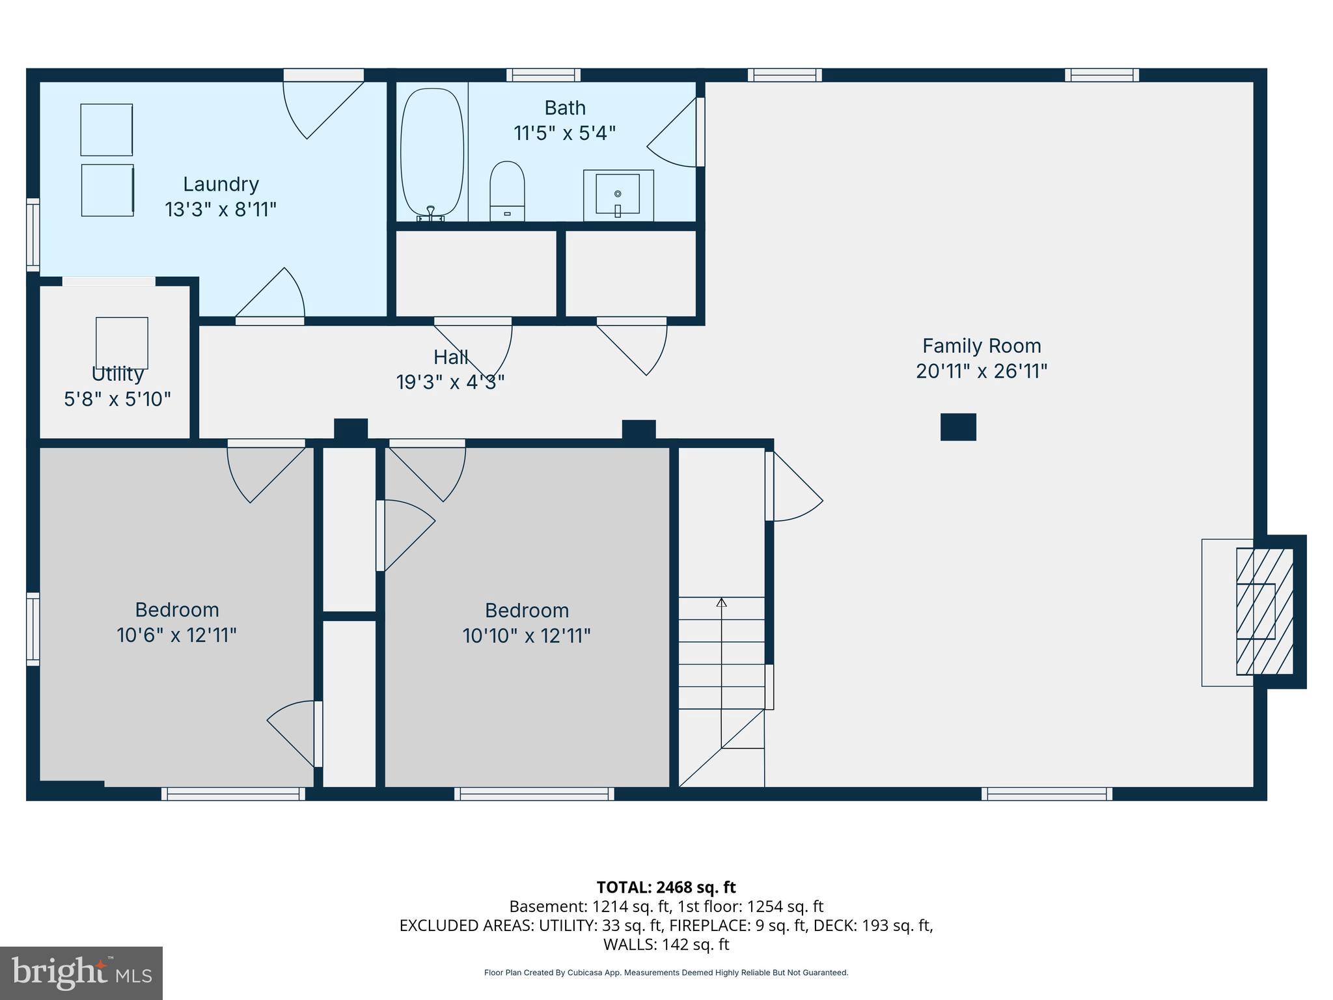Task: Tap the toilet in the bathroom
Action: coord(507,189)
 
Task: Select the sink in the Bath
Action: coord(618,195)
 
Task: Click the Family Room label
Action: coord(981,346)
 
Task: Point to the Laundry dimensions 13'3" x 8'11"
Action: coord(221,210)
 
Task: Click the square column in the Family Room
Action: coord(958,427)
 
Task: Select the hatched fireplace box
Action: coord(1264,611)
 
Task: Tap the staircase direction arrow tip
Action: coord(721,603)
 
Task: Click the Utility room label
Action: coord(117,374)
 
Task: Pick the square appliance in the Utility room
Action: coord(122,343)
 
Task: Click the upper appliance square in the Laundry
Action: coord(107,130)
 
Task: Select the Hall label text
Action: coord(450,357)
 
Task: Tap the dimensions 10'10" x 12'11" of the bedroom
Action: coord(526,635)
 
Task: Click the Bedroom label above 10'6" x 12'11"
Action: coord(176,610)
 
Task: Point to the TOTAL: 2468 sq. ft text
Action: coord(666,887)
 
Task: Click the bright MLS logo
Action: coord(81,973)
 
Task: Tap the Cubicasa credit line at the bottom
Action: coord(666,973)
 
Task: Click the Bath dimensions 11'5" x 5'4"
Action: coord(564,133)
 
